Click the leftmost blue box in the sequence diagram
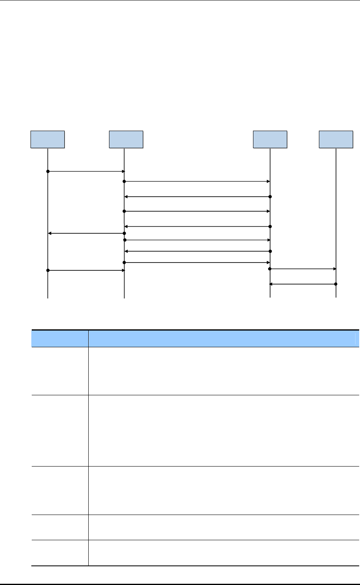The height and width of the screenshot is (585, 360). point(48,140)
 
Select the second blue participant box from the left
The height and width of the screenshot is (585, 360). point(126,140)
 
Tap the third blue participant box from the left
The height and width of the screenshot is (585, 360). point(270,140)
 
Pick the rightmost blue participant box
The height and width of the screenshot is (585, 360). point(336,140)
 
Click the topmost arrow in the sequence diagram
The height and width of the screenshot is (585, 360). point(86,171)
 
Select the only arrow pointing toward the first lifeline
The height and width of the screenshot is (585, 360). point(86,233)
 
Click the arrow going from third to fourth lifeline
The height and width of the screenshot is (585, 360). point(303,269)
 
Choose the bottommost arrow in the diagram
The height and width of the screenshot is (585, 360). point(303,284)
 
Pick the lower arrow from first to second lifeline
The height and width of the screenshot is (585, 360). point(86,270)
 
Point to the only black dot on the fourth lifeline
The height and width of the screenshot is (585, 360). point(336,284)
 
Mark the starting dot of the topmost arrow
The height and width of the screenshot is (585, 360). point(48,171)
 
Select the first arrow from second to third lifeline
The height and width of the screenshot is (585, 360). point(197,181)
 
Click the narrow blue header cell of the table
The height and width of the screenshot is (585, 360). point(60,338)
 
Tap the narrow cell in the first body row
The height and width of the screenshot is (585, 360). point(60,370)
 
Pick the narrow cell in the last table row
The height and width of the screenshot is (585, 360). point(60,553)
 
